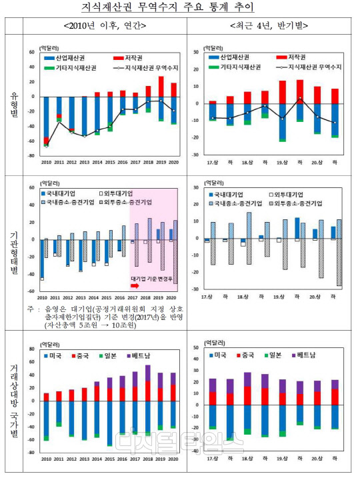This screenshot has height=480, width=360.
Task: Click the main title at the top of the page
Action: (x=180, y=9)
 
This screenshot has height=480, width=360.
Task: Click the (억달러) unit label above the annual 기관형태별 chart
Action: (x=50, y=181)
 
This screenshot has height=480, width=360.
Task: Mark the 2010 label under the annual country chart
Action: (x=46, y=459)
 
